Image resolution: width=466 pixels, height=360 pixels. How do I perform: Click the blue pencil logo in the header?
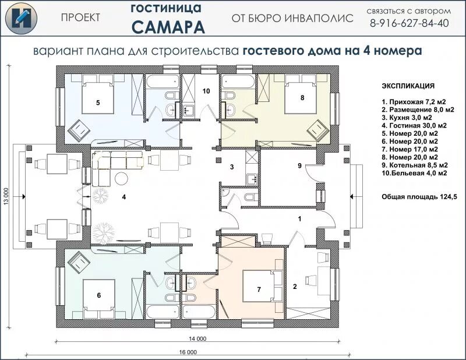coord(21,18)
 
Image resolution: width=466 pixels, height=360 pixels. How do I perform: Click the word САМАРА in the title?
coord(168,27)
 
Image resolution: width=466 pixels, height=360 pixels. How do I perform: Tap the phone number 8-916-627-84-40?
coord(409,23)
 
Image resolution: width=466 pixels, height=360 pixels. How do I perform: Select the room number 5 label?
coord(98,103)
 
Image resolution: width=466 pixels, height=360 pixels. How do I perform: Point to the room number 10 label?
coord(206,91)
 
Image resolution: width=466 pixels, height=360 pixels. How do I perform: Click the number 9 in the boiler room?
coord(299,165)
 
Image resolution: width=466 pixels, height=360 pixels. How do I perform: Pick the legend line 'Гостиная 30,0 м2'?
coord(414,125)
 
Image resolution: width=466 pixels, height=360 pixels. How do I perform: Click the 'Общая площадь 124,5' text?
coord(419,197)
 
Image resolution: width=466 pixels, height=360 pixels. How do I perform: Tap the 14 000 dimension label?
coord(197,338)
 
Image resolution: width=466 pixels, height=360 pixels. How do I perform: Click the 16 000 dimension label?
coord(188,352)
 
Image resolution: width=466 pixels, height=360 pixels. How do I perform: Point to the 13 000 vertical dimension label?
coord(6,196)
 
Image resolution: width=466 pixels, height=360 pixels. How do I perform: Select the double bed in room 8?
coord(301,94)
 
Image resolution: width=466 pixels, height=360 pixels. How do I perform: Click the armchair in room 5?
coord(79,130)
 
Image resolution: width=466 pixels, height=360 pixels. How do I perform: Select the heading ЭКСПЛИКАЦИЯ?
coord(408,86)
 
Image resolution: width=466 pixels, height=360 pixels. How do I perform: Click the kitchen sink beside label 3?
coord(252,179)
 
